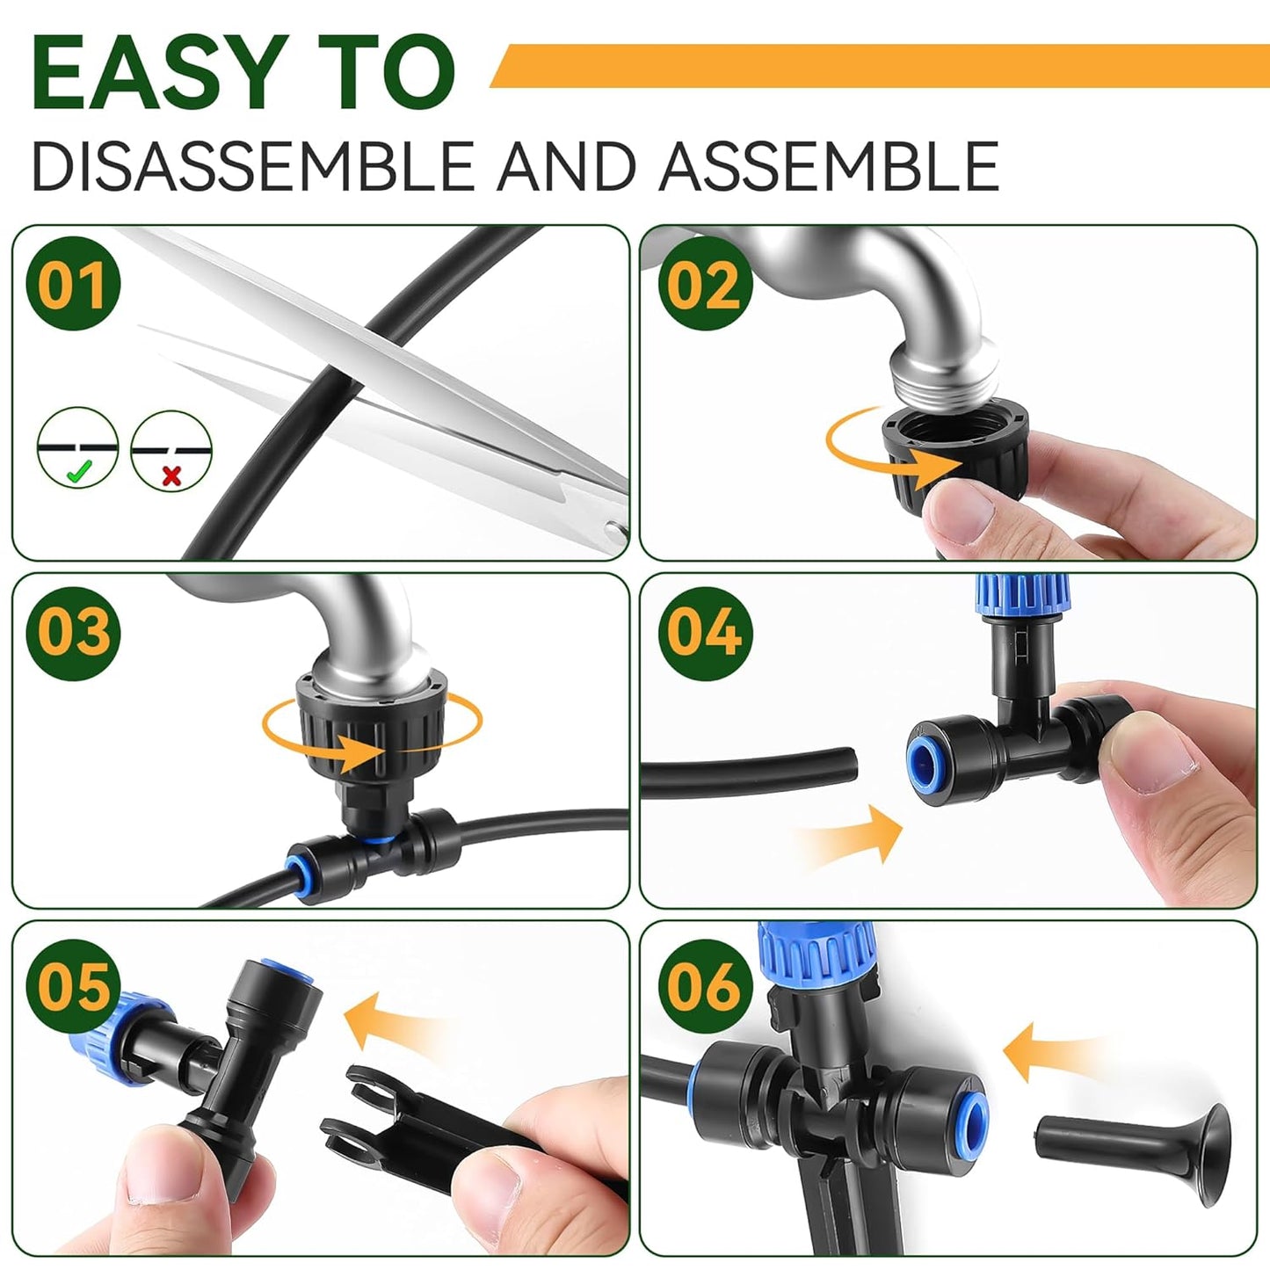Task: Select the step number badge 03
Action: (73, 632)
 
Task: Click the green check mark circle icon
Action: (78, 448)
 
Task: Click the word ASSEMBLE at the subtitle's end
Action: (829, 165)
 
